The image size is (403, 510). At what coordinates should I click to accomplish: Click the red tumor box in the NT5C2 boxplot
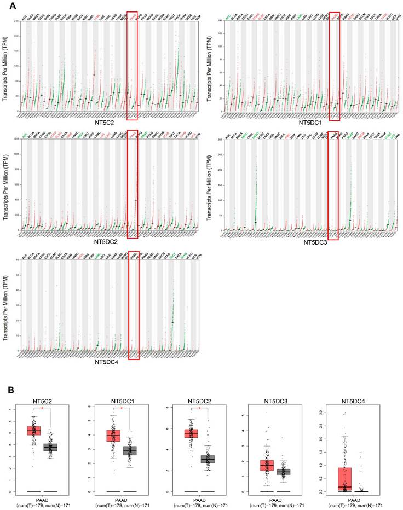click(x=34, y=430)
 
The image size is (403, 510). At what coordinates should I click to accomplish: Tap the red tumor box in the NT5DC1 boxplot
click(x=113, y=436)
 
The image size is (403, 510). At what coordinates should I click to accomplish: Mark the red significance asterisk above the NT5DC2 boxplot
click(x=199, y=408)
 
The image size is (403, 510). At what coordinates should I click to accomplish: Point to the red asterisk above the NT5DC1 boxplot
click(x=122, y=408)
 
